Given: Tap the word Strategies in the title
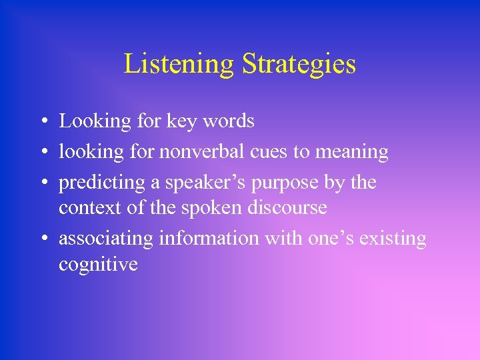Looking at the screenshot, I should click(x=299, y=65).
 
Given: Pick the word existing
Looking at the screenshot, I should click(x=393, y=239).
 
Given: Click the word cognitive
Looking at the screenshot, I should click(x=98, y=264).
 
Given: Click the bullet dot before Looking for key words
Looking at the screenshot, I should click(x=42, y=122).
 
